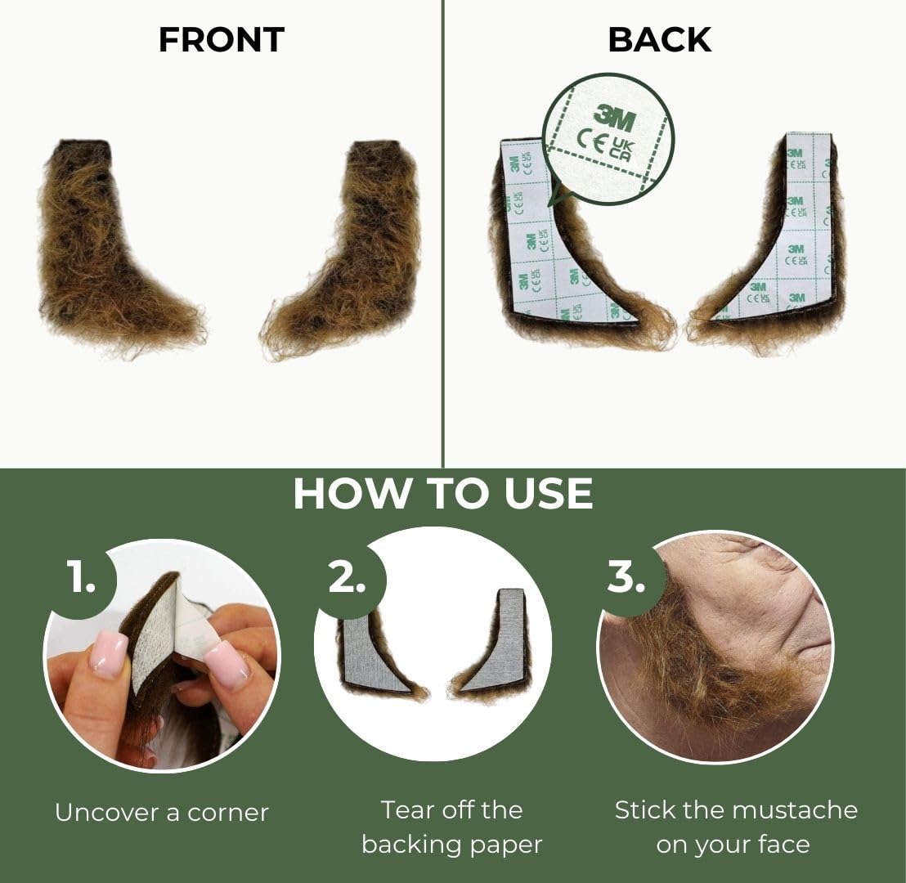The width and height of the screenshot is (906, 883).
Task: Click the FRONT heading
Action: [x=221, y=40]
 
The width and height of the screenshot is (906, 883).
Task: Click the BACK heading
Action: [x=659, y=40]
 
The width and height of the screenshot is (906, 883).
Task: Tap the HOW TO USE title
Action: [x=442, y=493]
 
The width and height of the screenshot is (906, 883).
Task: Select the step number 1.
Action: [x=81, y=578]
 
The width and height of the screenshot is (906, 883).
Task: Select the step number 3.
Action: [x=626, y=578]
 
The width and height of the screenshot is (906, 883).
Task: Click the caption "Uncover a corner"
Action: [x=162, y=813]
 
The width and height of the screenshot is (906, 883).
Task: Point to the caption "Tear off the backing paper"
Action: [x=451, y=827]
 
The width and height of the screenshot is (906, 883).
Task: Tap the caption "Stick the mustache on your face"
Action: [x=736, y=827]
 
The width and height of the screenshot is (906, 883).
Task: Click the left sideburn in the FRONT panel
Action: [x=106, y=245]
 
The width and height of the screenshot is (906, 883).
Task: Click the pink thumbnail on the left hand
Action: [x=109, y=653]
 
